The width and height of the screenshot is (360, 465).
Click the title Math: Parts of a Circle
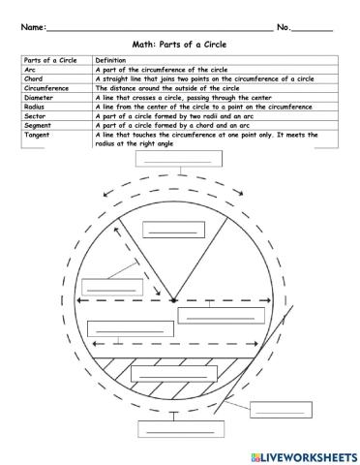pos(180,45)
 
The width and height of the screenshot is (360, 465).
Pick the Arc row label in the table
pos(28,70)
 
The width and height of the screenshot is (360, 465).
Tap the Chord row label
pos(32,78)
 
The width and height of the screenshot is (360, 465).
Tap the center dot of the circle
pos(174,301)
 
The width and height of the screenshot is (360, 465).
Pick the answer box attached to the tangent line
pos(277,409)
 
